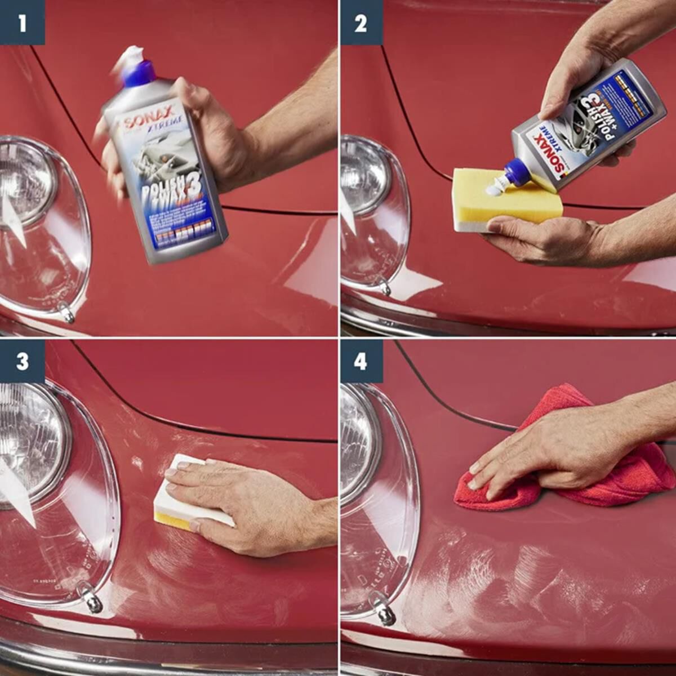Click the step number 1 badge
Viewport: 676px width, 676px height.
22,23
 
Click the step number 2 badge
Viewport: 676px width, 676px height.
361,23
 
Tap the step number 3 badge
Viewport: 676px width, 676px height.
22,361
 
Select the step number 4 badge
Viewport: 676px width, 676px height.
361,361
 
